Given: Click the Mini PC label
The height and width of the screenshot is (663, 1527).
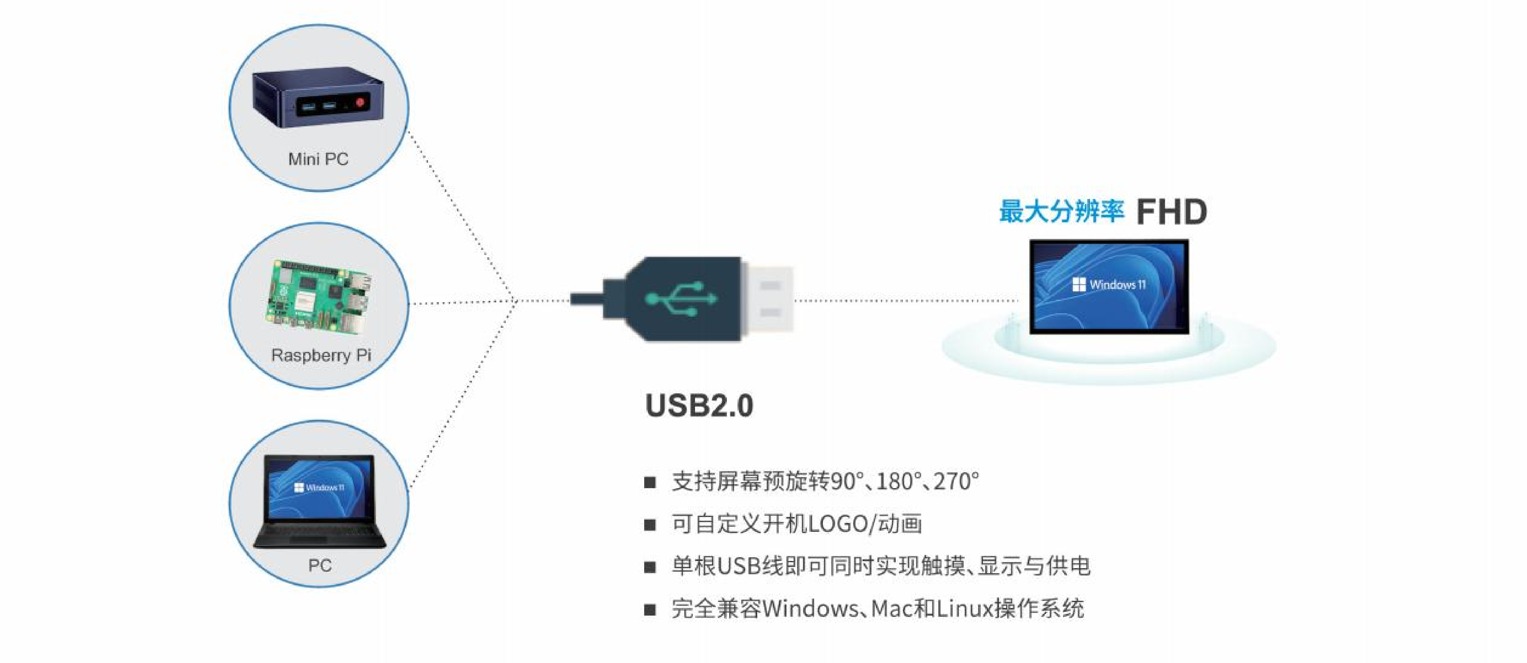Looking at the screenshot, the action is tap(318, 159).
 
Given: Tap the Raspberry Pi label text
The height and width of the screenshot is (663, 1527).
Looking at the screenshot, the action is tap(321, 355).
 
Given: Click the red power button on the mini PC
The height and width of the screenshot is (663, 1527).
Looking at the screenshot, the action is tap(360, 102).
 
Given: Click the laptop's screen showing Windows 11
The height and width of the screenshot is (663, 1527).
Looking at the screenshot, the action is tap(319, 488).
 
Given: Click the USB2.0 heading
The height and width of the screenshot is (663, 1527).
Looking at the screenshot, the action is tap(699, 406).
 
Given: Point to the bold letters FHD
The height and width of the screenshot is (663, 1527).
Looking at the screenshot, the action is tap(1172, 212).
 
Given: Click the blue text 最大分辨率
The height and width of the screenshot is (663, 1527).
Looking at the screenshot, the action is tap(1061, 212).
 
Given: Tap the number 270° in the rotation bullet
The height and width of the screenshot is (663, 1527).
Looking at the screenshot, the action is tap(956, 481).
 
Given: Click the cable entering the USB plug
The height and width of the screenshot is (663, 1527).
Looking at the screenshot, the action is tap(587, 299).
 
